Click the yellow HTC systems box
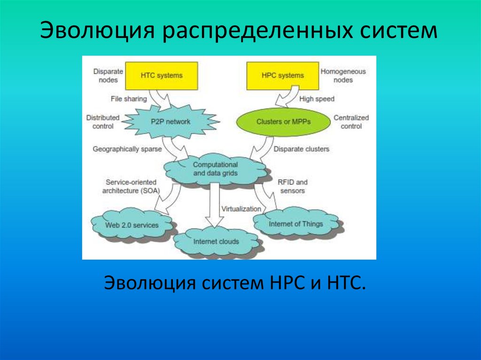[161, 76]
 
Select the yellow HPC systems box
[282, 76]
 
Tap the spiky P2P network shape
[171, 122]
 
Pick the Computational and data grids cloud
[215, 169]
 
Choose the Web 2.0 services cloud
[132, 225]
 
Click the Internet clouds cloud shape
[216, 242]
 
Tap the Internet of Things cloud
[295, 224]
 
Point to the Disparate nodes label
[108, 76]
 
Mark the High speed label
[317, 99]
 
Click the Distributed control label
[103, 122]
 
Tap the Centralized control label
[351, 122]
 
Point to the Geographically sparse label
[127, 149]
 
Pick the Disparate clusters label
[301, 149]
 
